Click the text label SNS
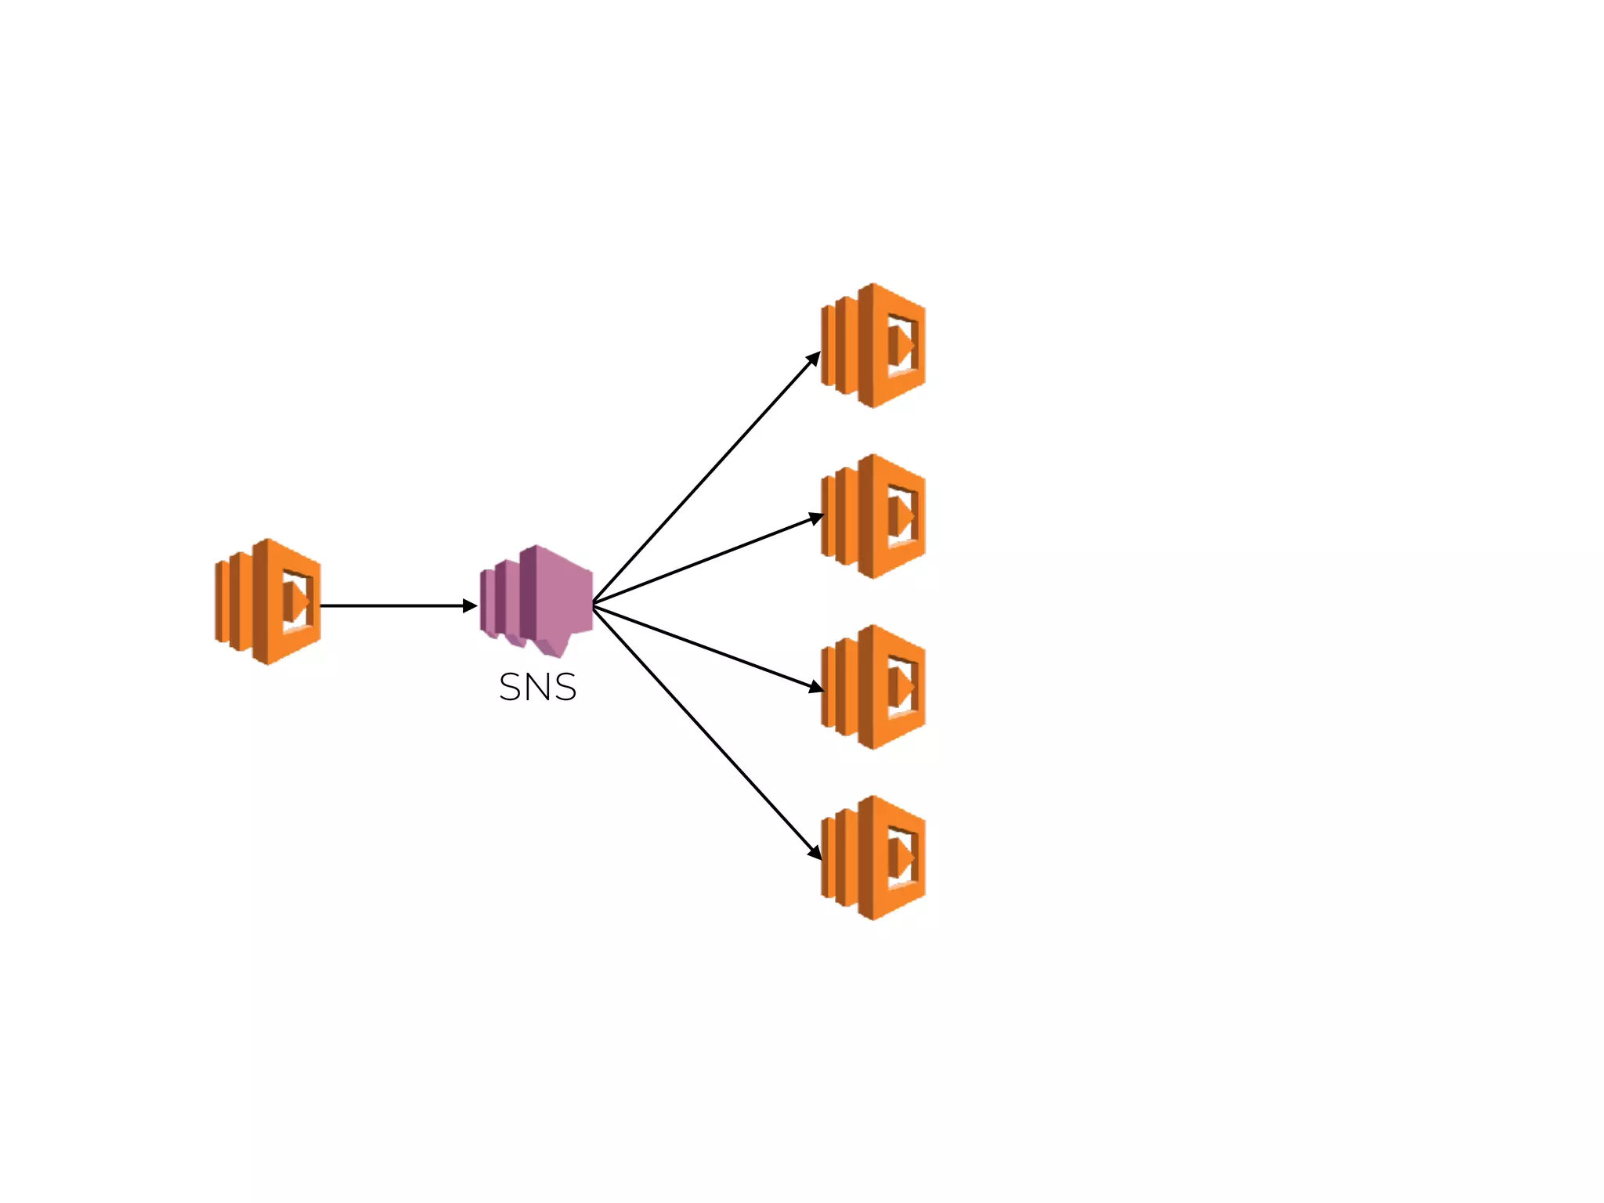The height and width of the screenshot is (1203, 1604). click(x=537, y=688)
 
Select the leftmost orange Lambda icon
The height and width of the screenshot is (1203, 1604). click(x=268, y=601)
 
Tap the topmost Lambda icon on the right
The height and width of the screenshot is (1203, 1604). click(x=873, y=345)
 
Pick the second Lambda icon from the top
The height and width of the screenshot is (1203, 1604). click(x=873, y=516)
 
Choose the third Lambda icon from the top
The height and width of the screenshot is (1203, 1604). click(x=873, y=687)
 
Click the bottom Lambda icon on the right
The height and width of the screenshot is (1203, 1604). click(x=873, y=858)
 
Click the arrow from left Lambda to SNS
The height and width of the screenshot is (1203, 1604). click(x=392, y=605)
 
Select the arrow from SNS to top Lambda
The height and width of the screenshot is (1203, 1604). click(x=705, y=480)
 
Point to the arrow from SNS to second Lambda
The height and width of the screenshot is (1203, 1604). click(x=705, y=561)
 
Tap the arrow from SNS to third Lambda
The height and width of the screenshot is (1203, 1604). click(x=705, y=647)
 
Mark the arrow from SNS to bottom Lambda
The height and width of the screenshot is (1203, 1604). click(x=705, y=728)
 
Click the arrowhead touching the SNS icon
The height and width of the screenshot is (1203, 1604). click(x=470, y=605)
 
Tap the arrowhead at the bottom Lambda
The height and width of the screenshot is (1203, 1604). click(x=815, y=852)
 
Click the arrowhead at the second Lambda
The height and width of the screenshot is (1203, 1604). click(x=816, y=518)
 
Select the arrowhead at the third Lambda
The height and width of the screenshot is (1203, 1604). click(x=816, y=687)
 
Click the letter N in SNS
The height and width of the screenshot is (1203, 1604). click(x=537, y=688)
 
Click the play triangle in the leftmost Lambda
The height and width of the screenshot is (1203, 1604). click(x=298, y=601)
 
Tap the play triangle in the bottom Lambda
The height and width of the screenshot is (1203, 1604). click(x=901, y=858)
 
